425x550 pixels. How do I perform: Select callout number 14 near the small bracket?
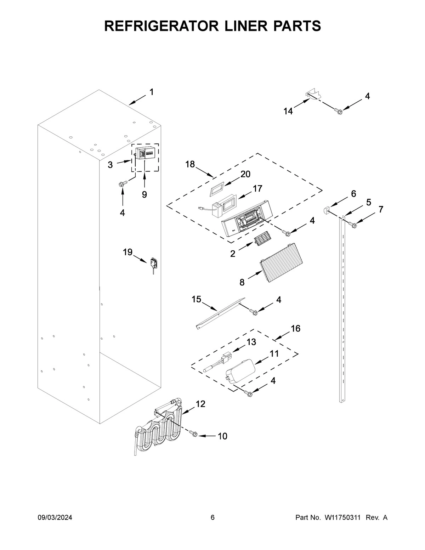pos(288,111)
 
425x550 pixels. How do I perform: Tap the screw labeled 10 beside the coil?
pos(193,433)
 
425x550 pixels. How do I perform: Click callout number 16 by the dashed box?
pos(295,329)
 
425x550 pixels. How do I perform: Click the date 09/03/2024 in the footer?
pos(55,518)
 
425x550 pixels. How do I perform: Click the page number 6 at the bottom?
pos(212,518)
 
